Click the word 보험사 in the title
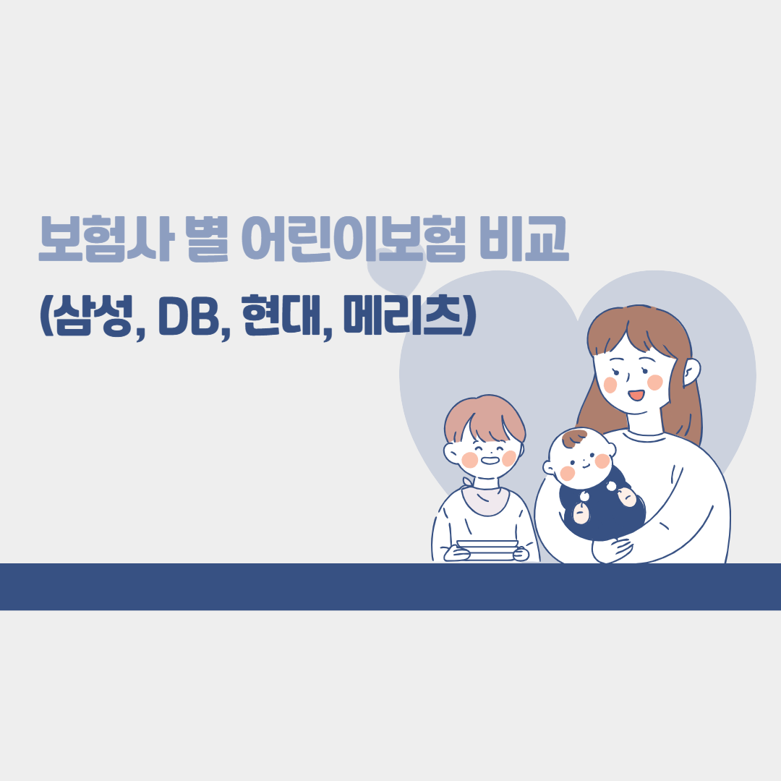pos(105,238)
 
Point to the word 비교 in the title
pos(524,238)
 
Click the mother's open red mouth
pos(636,395)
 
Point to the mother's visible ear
pos(691,372)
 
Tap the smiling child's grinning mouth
pos(490,460)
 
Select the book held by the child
pos(487,549)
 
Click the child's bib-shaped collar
pos(485,499)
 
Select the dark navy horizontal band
pos(390,586)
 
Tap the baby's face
pos(582,463)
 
